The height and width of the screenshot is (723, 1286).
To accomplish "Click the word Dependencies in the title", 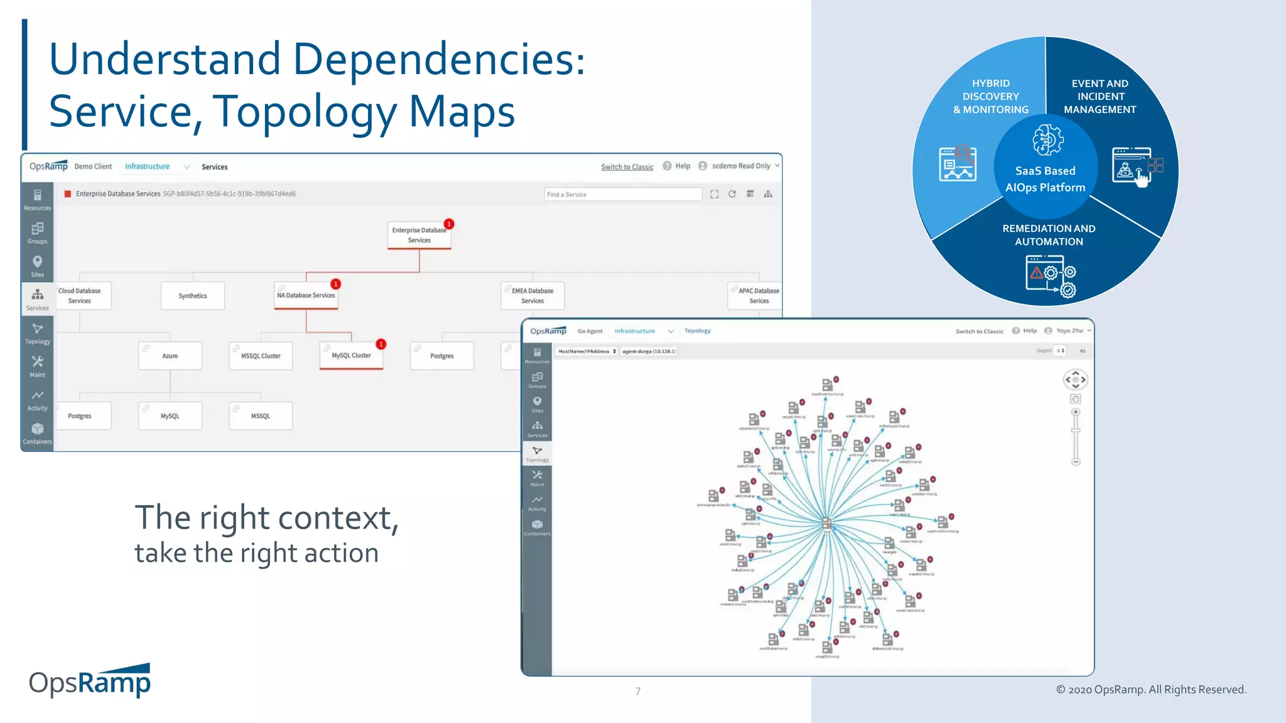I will click(439, 59).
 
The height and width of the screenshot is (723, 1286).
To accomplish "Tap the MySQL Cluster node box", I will click(351, 356).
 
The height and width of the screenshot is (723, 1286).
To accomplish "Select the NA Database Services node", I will click(306, 296).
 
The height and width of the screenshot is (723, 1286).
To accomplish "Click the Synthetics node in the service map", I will click(192, 296).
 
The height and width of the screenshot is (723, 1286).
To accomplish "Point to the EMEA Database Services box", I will click(532, 296).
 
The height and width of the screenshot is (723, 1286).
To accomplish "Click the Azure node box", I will click(170, 356).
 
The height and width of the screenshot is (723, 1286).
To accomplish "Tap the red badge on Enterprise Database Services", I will click(449, 224).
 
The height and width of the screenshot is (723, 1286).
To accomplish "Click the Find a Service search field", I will click(622, 195).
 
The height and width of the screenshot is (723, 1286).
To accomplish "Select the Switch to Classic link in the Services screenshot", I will click(627, 167).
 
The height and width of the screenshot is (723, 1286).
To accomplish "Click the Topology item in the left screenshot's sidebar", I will click(37, 333).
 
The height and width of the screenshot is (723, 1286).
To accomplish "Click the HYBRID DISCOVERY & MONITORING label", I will click(991, 96).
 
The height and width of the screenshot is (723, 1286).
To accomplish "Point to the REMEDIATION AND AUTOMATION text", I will click(1049, 235).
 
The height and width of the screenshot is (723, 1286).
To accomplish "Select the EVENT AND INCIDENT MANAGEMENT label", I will click(1100, 96).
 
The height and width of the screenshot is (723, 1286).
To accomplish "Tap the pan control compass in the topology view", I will click(1075, 380).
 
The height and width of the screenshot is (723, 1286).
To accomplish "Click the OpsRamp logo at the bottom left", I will click(90, 682).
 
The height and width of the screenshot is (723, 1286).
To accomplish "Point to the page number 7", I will click(638, 692).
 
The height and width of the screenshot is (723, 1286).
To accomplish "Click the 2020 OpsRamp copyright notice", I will click(1151, 690).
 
